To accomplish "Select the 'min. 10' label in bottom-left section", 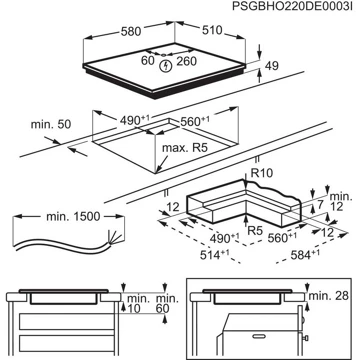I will click(x=134, y=306).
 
